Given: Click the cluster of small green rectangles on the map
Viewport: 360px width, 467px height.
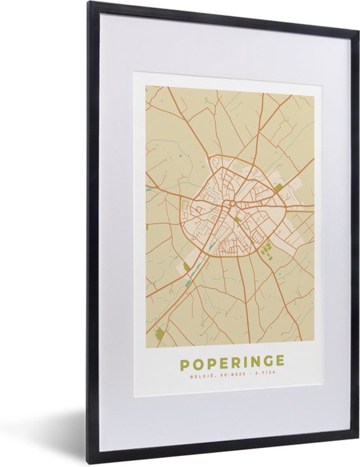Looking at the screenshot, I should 265,249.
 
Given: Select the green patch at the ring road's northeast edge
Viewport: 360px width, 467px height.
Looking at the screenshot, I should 278,188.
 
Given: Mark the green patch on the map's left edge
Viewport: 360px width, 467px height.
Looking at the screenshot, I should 147,227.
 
